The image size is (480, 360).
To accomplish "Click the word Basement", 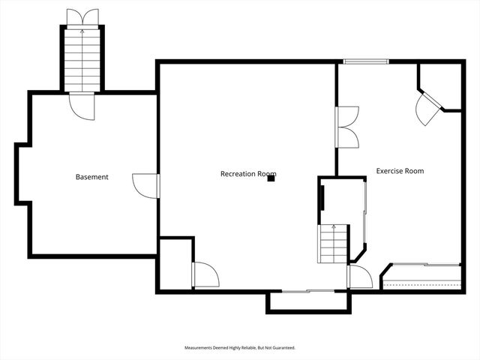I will coord(91,177).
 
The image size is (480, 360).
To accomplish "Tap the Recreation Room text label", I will coord(243,174).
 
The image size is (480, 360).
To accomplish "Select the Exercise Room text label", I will coord(400,171).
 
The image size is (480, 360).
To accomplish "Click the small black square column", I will coord(271,178).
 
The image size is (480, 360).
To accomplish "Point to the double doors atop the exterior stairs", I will coord(82,17).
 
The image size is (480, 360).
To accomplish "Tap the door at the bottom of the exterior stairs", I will coord(82,105).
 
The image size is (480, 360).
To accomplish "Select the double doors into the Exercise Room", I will coord(347,126).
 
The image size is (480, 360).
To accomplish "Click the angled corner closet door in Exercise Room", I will coord(427,109).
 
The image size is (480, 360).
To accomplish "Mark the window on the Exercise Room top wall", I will coord(364,61).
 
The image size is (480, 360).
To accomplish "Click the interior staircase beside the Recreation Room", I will coord(334,244).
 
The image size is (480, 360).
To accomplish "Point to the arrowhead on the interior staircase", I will coord(334,225).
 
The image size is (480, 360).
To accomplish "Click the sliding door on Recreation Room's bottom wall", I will coord(307,290).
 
